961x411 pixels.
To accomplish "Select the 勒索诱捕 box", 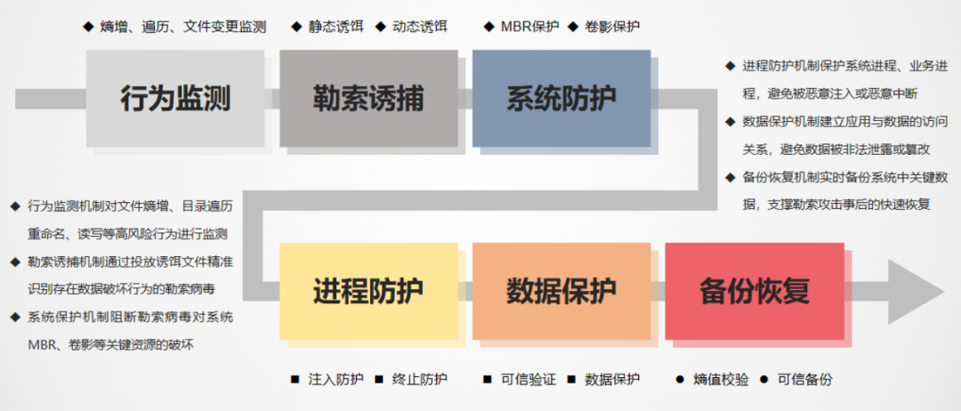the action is [367, 98].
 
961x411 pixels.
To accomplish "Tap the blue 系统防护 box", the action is [561, 98].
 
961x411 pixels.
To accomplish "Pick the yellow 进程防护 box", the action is [367, 290].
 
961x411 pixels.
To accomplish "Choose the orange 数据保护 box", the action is [561, 290].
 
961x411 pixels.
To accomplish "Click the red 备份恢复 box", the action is [754, 290].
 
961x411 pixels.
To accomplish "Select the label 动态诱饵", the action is [420, 27].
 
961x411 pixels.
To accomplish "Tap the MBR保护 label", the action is [529, 27].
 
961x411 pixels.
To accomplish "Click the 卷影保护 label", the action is [612, 27].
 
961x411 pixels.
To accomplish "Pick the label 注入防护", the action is [335, 380].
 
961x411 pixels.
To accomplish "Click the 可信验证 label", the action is [529, 380].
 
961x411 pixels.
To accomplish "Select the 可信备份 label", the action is [804, 380].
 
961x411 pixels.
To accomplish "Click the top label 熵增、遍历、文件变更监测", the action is [183, 27].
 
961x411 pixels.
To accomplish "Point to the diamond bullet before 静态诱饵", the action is [296, 27].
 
